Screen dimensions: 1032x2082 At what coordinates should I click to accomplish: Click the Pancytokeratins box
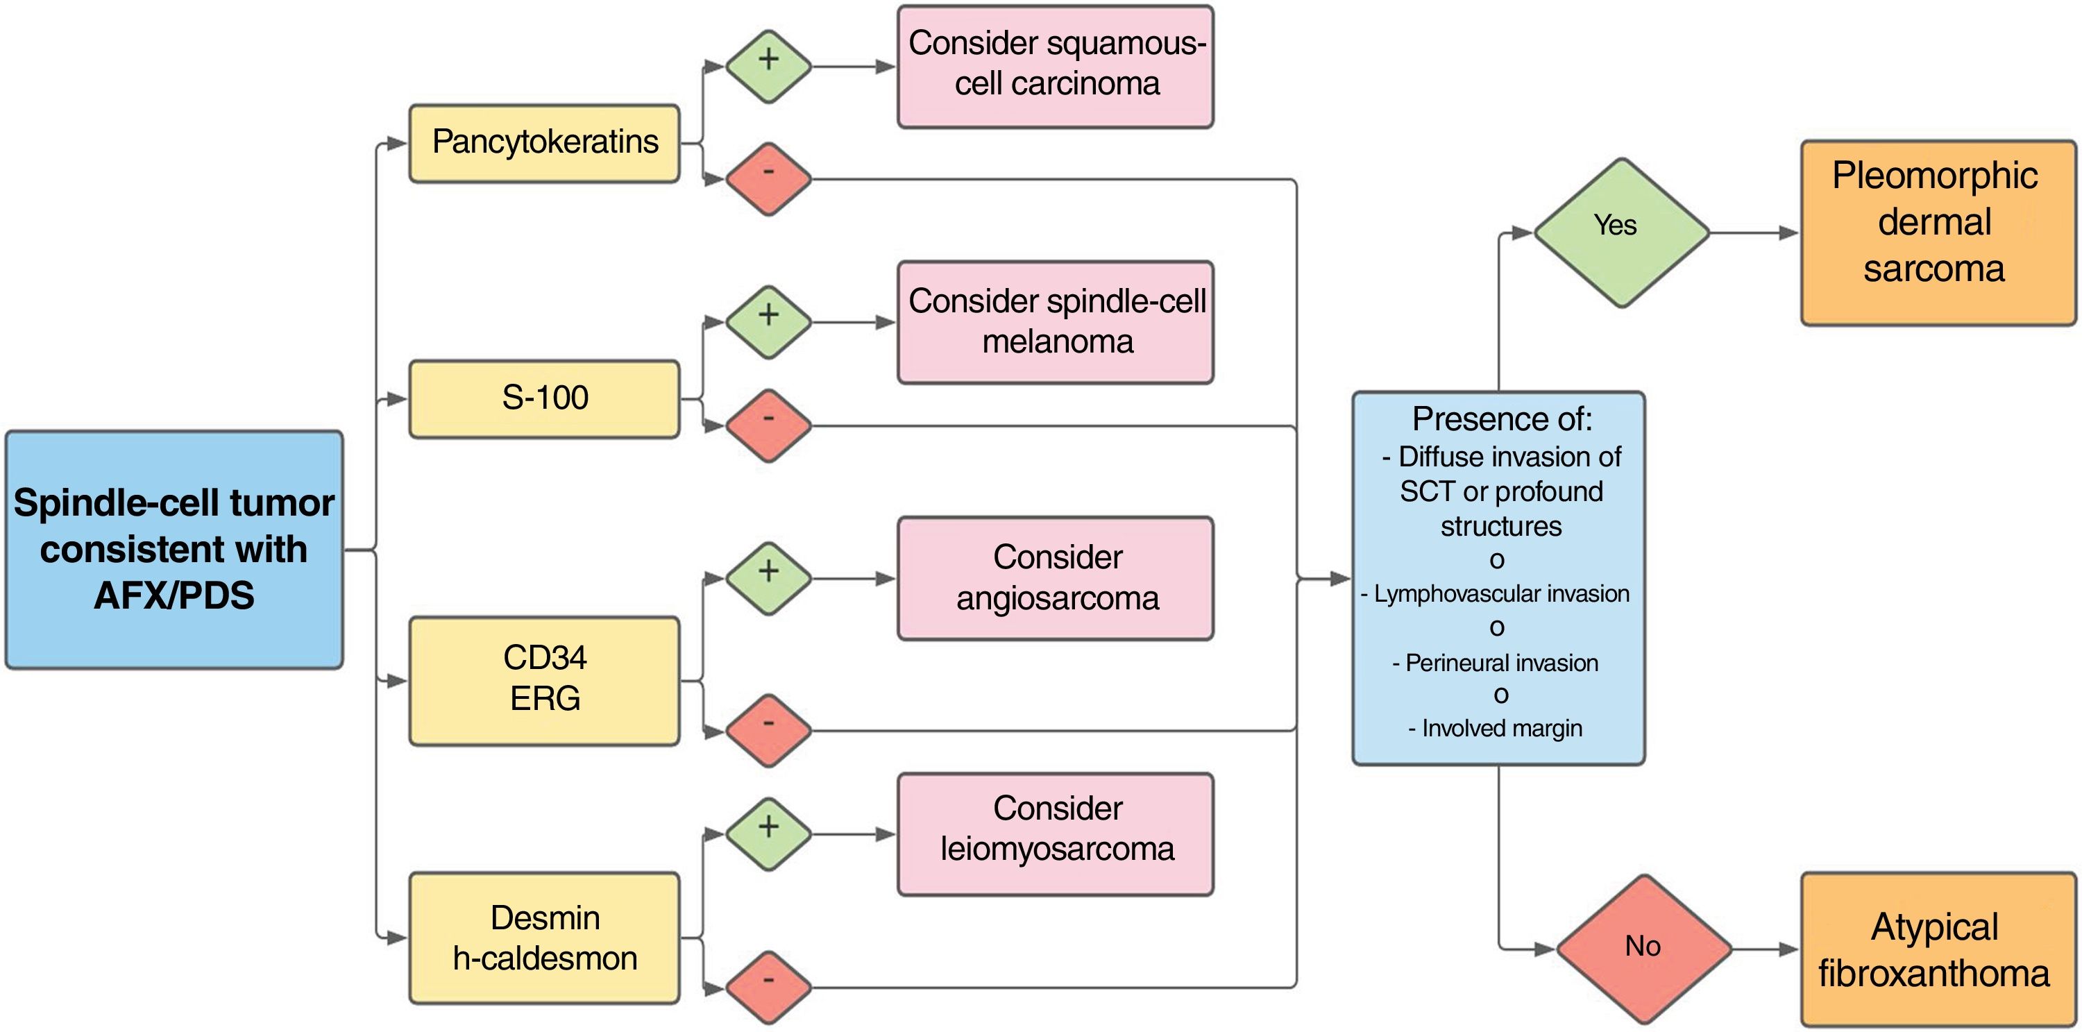click(544, 143)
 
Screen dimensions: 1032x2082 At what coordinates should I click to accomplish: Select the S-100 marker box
click(544, 398)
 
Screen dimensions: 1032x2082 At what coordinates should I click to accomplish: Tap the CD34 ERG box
click(544, 679)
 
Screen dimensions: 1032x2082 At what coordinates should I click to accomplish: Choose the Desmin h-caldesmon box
click(544, 938)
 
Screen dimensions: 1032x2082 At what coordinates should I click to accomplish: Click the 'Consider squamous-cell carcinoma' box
click(1055, 66)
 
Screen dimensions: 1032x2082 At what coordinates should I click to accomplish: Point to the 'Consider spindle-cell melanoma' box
click(1055, 321)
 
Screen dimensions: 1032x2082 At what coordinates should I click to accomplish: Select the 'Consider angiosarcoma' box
click(1055, 578)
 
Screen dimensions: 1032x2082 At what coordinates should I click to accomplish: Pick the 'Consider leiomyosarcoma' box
click(1055, 834)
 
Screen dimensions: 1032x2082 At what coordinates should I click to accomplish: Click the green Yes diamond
click(1620, 232)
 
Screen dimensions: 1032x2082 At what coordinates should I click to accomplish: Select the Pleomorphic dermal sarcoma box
click(1938, 232)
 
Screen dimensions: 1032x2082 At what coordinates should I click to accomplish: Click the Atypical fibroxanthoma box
click(1938, 949)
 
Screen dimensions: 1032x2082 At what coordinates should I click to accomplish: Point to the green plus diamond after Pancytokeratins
click(768, 66)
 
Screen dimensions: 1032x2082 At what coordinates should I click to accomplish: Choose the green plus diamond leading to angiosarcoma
click(768, 578)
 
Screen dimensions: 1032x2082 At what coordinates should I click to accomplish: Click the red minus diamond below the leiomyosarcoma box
click(768, 987)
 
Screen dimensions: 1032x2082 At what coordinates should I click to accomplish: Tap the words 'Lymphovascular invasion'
click(1502, 594)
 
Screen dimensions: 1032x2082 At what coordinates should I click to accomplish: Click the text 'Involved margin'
click(1502, 729)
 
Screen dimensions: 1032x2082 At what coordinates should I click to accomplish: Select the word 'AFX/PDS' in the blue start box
click(173, 595)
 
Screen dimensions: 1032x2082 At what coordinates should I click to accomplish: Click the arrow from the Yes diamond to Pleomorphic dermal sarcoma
click(1754, 232)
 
